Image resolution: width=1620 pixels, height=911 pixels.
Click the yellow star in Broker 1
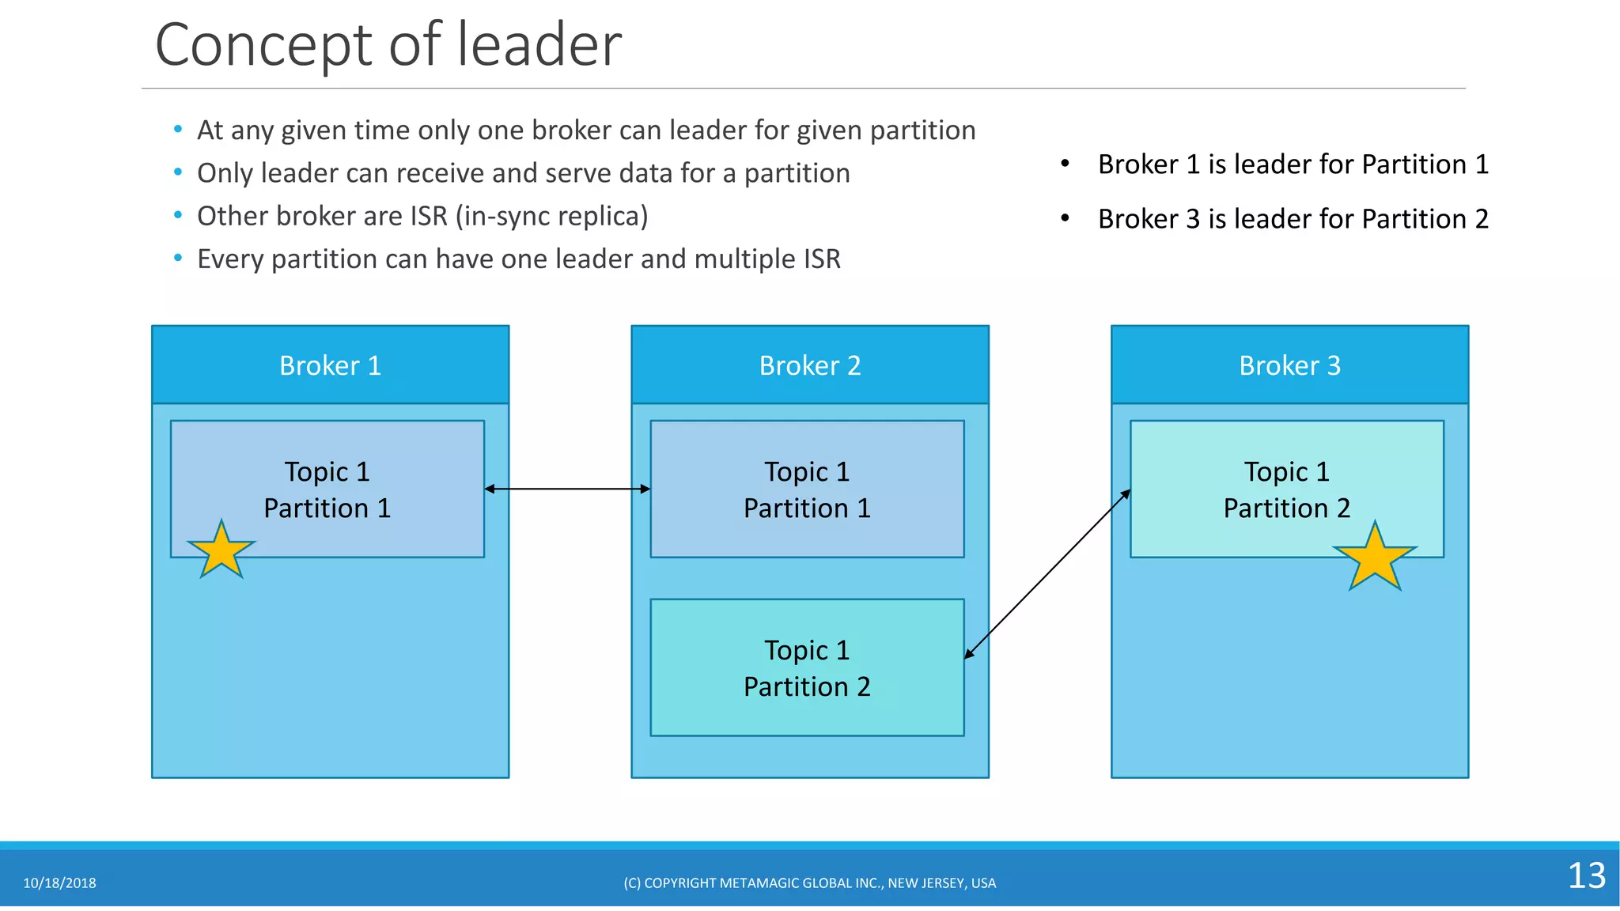221,551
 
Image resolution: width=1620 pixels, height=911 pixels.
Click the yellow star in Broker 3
1375,559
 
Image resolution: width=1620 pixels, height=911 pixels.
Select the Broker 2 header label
809,365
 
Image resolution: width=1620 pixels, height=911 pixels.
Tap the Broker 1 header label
330,365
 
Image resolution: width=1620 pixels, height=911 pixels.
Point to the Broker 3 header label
1289,365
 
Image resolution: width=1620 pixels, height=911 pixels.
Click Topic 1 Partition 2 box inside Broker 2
807,667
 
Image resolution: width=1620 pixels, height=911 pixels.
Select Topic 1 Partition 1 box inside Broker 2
807,489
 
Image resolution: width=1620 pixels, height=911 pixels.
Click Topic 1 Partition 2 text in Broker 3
1286,490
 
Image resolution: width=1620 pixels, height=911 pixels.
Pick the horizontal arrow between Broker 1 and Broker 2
567,489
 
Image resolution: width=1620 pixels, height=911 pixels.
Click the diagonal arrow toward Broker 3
1047,574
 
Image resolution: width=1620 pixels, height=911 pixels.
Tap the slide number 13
1586,875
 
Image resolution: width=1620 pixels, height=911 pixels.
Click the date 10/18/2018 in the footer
59,883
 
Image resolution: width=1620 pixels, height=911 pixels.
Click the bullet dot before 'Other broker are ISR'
178,215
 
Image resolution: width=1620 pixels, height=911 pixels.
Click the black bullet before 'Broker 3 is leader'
1065,217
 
